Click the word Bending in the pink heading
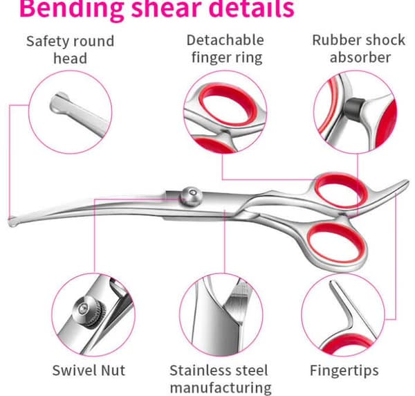[71, 9]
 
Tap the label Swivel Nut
[89, 370]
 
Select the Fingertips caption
[344, 371]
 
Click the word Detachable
[225, 40]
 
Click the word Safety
[47, 42]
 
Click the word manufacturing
[221, 388]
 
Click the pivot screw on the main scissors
[192, 197]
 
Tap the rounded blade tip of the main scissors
[12, 222]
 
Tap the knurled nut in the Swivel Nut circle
[89, 312]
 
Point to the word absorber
[360, 57]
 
